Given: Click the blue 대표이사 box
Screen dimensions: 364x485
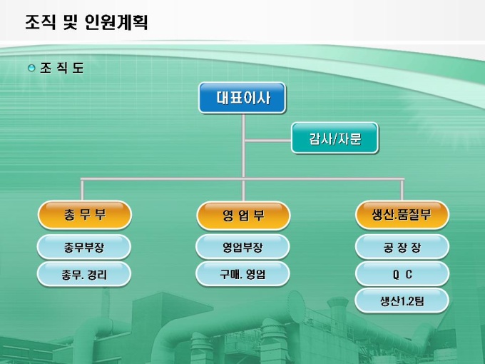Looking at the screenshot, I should pyautogui.click(x=242, y=98).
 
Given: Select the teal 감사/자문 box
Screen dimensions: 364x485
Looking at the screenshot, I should pyautogui.click(x=335, y=139).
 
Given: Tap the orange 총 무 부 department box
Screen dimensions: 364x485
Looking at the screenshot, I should pyautogui.click(x=84, y=214).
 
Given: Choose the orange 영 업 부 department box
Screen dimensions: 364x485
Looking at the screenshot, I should pyautogui.click(x=243, y=215).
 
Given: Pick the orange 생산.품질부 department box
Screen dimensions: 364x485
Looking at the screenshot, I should pyautogui.click(x=402, y=214).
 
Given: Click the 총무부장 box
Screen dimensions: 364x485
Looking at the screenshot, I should pyautogui.click(x=84, y=247).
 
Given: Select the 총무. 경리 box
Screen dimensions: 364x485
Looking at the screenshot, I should pyautogui.click(x=84, y=273).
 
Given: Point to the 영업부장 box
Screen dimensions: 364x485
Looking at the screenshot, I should pyautogui.click(x=243, y=247).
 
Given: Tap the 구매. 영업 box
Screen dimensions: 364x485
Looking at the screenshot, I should pyautogui.click(x=243, y=273).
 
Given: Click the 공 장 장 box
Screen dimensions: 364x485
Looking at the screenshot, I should pyautogui.click(x=402, y=247).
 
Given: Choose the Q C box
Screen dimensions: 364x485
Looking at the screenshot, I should pyautogui.click(x=402, y=273).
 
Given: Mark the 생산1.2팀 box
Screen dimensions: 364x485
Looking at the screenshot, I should pyautogui.click(x=402, y=300).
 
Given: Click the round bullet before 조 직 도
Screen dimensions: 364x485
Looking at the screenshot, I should pyautogui.click(x=31, y=68).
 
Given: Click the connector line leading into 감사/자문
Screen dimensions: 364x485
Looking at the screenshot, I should pyautogui.click(x=267, y=138).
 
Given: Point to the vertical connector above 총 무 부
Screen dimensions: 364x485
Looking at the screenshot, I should pyautogui.click(x=83, y=189).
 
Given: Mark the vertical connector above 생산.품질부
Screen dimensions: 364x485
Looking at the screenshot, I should pyautogui.click(x=402, y=189).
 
